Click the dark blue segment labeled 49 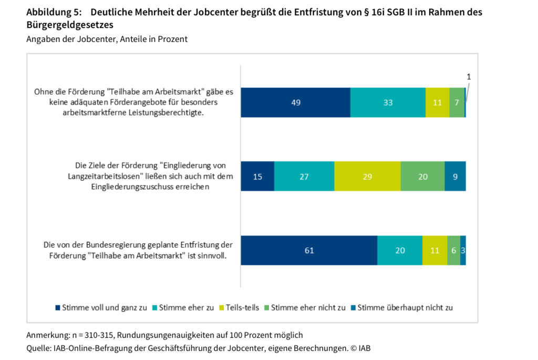point(295,102)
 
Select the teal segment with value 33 point(388,102)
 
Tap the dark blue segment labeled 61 point(309,250)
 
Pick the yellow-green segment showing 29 point(367,177)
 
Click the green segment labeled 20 point(422,177)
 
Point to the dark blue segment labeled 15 point(257,177)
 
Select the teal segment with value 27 point(304,177)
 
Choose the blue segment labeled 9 point(455,177)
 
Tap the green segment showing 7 point(457,102)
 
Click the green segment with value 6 point(453,250)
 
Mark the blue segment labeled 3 point(463,250)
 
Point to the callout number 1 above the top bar point(469,77)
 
